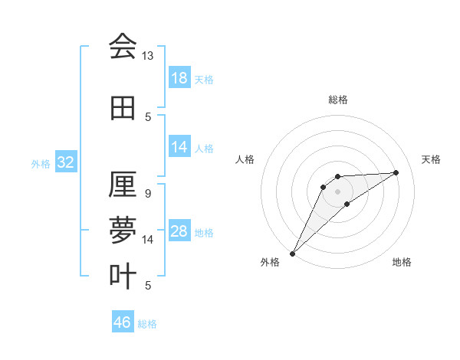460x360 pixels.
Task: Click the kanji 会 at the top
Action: pos(123,47)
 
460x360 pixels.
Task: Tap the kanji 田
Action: pos(123,109)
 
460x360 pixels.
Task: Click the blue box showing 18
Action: pos(179,79)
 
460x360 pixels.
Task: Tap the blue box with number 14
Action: pos(179,147)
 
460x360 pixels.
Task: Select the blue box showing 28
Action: pos(179,232)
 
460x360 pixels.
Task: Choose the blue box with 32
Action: pos(65,163)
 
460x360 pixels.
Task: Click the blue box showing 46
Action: pos(123,322)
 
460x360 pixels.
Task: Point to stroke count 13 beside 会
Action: pos(147,56)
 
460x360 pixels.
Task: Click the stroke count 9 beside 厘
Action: pos(147,194)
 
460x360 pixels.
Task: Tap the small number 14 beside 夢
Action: pos(147,240)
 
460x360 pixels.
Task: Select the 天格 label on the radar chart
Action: pos(432,159)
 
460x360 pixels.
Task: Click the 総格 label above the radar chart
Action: pos(337,100)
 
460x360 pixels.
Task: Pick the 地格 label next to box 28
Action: pos(205,233)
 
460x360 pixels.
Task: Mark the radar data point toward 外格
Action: pos(292,253)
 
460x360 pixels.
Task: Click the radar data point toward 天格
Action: pos(396,172)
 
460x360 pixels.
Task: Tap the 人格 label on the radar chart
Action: pos(245,159)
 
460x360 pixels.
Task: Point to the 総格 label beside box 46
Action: pos(148,324)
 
